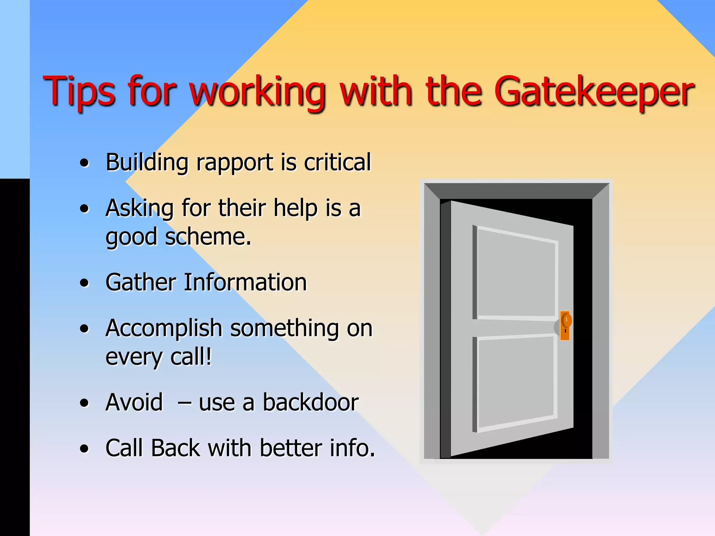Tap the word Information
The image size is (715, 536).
click(245, 282)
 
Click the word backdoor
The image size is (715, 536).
click(310, 403)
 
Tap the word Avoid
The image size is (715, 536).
click(134, 403)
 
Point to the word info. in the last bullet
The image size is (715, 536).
click(352, 448)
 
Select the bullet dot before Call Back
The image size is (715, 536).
click(84, 449)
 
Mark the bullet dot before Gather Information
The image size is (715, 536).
click(84, 283)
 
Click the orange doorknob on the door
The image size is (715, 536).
click(566, 321)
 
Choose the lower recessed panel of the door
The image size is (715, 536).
click(515, 382)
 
